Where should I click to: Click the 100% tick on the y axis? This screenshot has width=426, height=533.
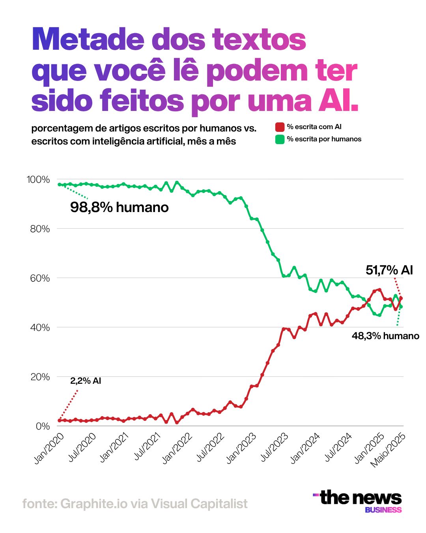coord(38,180)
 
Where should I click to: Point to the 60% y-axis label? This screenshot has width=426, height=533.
coord(40,278)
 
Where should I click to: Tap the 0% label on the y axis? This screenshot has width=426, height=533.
coord(43,426)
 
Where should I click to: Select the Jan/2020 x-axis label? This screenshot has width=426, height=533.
coord(49,449)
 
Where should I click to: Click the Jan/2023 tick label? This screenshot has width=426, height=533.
coord(241,449)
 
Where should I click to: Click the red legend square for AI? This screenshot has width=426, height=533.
coord(280,127)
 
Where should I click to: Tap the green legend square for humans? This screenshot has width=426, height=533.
coord(280,139)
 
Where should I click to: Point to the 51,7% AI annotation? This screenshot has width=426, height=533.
coord(389,270)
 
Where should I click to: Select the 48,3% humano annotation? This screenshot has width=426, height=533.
coord(385,336)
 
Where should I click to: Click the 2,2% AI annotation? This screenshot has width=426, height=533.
coord(86,381)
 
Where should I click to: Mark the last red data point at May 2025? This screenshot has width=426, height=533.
coord(401,298)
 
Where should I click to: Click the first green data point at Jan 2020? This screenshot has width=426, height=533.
coord(59,184)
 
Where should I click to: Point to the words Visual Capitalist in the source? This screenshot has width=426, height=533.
coord(199,503)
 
